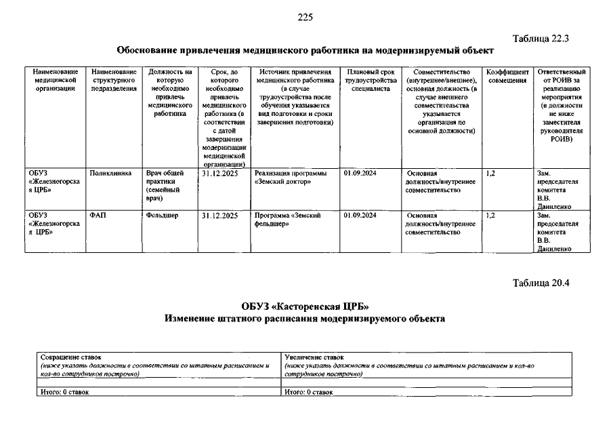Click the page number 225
pos(305,17)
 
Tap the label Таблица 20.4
pos(542,283)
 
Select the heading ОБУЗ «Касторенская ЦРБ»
pos(305,306)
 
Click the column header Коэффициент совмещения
pos(507,76)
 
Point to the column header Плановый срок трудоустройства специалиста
pos(369,80)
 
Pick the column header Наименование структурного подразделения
pos(114,80)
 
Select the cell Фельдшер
pos(162,216)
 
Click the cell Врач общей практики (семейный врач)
pos(163,186)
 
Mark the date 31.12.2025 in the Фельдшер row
pos(219,216)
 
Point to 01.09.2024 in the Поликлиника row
pos(360,174)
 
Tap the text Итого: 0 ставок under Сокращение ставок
pos(64,392)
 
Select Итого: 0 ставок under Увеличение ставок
pos(308,392)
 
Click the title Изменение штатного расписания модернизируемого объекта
pos(305,319)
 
